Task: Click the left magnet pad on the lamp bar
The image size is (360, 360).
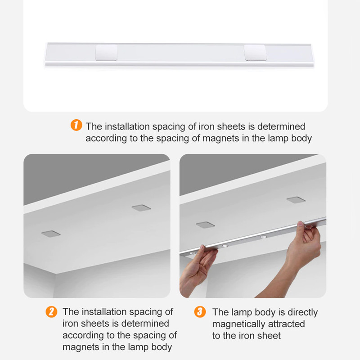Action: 106,53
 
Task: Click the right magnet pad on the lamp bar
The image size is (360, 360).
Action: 255,53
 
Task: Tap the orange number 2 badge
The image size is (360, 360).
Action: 52,311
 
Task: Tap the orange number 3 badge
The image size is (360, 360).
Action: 201,311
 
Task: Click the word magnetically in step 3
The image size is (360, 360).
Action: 240,324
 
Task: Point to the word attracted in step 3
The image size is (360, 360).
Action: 288,324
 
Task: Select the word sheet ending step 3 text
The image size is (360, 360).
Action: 270,336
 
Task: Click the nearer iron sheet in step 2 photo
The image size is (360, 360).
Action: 50,234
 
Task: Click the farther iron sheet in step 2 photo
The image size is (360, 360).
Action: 141,207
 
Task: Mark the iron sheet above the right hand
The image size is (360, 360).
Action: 296,200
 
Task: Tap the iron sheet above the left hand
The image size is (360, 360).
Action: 205,224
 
